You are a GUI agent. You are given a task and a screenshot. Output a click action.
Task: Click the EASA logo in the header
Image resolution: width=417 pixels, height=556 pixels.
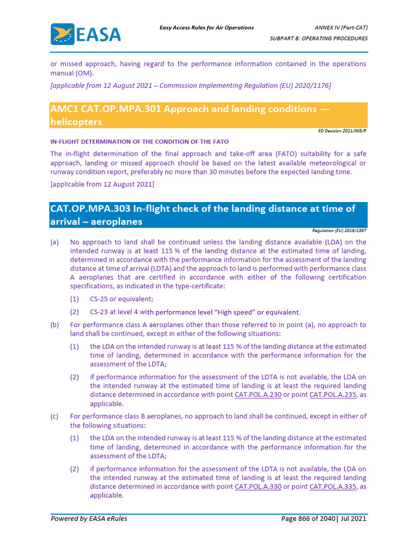click(85, 34)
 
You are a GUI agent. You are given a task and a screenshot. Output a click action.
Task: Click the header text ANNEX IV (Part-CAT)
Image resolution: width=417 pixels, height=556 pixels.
click(340, 28)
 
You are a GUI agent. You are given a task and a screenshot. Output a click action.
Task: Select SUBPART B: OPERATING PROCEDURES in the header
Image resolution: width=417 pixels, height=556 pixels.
click(319, 39)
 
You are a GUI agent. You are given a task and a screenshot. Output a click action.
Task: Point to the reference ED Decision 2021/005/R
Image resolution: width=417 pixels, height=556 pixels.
click(342, 131)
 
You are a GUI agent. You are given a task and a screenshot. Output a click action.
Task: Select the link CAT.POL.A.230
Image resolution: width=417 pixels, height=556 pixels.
click(258, 395)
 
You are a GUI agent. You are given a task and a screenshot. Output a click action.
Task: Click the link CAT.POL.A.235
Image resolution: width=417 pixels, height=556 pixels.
click(332, 395)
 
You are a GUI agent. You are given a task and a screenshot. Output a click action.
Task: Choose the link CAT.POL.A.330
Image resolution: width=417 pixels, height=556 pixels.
click(258, 486)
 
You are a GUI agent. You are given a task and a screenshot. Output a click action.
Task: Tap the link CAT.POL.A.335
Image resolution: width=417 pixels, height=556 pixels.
click(332, 486)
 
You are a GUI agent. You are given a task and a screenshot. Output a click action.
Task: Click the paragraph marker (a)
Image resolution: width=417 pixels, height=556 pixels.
click(54, 242)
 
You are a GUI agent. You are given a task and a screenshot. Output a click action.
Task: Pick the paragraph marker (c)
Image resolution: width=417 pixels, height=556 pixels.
click(54, 416)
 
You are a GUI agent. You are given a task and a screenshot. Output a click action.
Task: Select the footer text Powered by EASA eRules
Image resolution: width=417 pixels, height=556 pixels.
click(89, 519)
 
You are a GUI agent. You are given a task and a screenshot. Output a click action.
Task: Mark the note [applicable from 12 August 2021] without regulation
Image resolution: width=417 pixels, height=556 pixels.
click(102, 184)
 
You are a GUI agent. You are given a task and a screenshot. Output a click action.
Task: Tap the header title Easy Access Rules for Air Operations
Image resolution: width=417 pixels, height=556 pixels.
click(206, 28)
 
